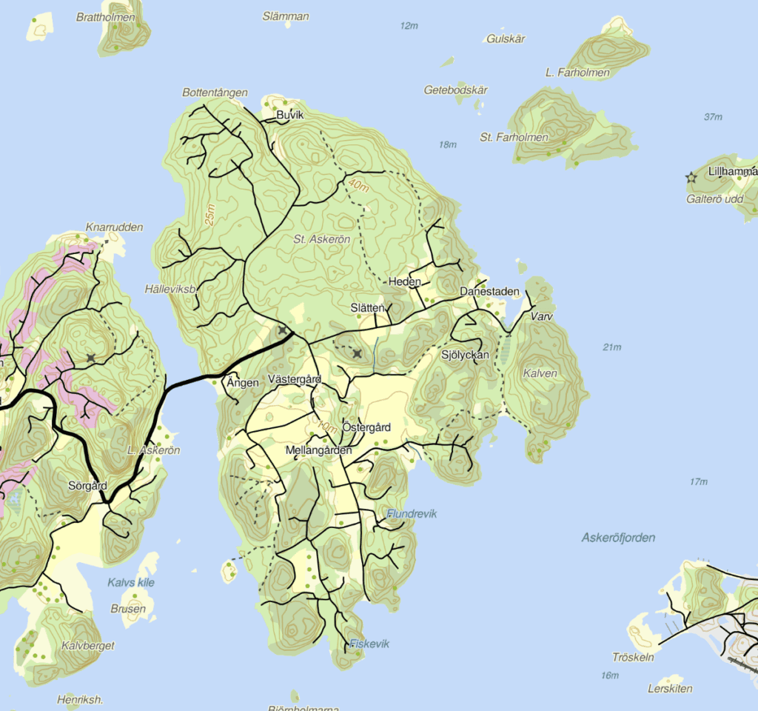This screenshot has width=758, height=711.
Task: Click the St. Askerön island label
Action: (321, 239)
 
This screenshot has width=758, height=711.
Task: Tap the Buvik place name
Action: (290, 116)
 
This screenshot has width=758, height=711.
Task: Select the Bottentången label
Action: (215, 93)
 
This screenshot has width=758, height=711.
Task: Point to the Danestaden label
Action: (489, 292)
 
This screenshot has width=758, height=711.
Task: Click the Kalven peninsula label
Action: (540, 373)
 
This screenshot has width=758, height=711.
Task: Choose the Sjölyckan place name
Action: (465, 355)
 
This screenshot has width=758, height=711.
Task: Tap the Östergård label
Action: (366, 427)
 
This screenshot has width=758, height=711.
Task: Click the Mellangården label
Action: (319, 450)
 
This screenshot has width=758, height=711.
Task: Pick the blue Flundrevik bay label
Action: (412, 513)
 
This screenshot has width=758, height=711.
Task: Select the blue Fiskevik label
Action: (369, 644)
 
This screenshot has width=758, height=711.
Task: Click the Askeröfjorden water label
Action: (619, 538)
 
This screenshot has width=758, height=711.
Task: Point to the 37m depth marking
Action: (714, 117)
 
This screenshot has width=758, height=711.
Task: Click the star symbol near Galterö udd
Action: (691, 178)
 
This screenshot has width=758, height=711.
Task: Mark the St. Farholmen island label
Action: (514, 137)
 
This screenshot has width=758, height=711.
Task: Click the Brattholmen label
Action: (105, 16)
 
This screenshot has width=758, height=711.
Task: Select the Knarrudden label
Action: (114, 227)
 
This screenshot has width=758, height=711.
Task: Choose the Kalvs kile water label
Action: (131, 582)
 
